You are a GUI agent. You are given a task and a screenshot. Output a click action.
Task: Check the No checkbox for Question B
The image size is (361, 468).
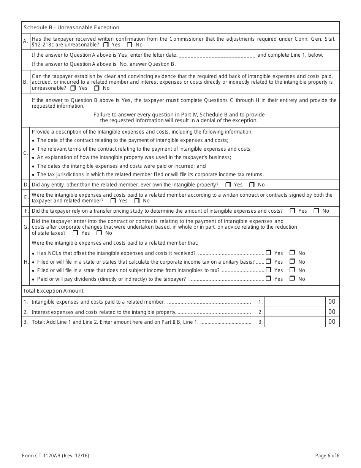[97, 88]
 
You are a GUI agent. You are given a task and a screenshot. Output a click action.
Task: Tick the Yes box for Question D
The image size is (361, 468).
[228, 185]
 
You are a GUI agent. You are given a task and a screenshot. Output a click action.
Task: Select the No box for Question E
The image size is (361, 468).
[137, 201]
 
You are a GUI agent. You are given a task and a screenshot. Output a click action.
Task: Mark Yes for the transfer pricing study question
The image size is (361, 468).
[292, 211]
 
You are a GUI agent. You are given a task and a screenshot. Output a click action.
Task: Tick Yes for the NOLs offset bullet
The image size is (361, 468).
[269, 253]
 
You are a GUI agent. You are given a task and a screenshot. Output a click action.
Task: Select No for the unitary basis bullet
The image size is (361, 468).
[292, 262]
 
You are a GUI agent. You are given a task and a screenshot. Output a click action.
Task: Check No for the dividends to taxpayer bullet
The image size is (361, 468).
[292, 279]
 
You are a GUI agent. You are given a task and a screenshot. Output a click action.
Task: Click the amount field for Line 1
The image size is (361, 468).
[294, 302]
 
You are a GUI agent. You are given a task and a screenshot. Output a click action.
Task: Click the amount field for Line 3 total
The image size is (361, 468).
[294, 322]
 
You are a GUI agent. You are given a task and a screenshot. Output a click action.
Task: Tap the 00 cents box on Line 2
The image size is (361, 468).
[332, 312]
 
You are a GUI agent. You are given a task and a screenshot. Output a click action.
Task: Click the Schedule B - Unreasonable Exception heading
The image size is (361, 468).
[71, 27]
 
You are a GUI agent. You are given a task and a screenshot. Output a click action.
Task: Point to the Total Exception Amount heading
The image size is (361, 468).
[53, 291]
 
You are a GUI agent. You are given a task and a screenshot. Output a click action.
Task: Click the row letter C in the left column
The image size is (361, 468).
[25, 153]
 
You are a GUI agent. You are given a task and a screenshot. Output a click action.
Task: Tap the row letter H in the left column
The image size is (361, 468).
[26, 262]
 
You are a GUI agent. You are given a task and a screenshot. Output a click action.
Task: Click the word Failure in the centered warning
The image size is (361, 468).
[103, 115]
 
